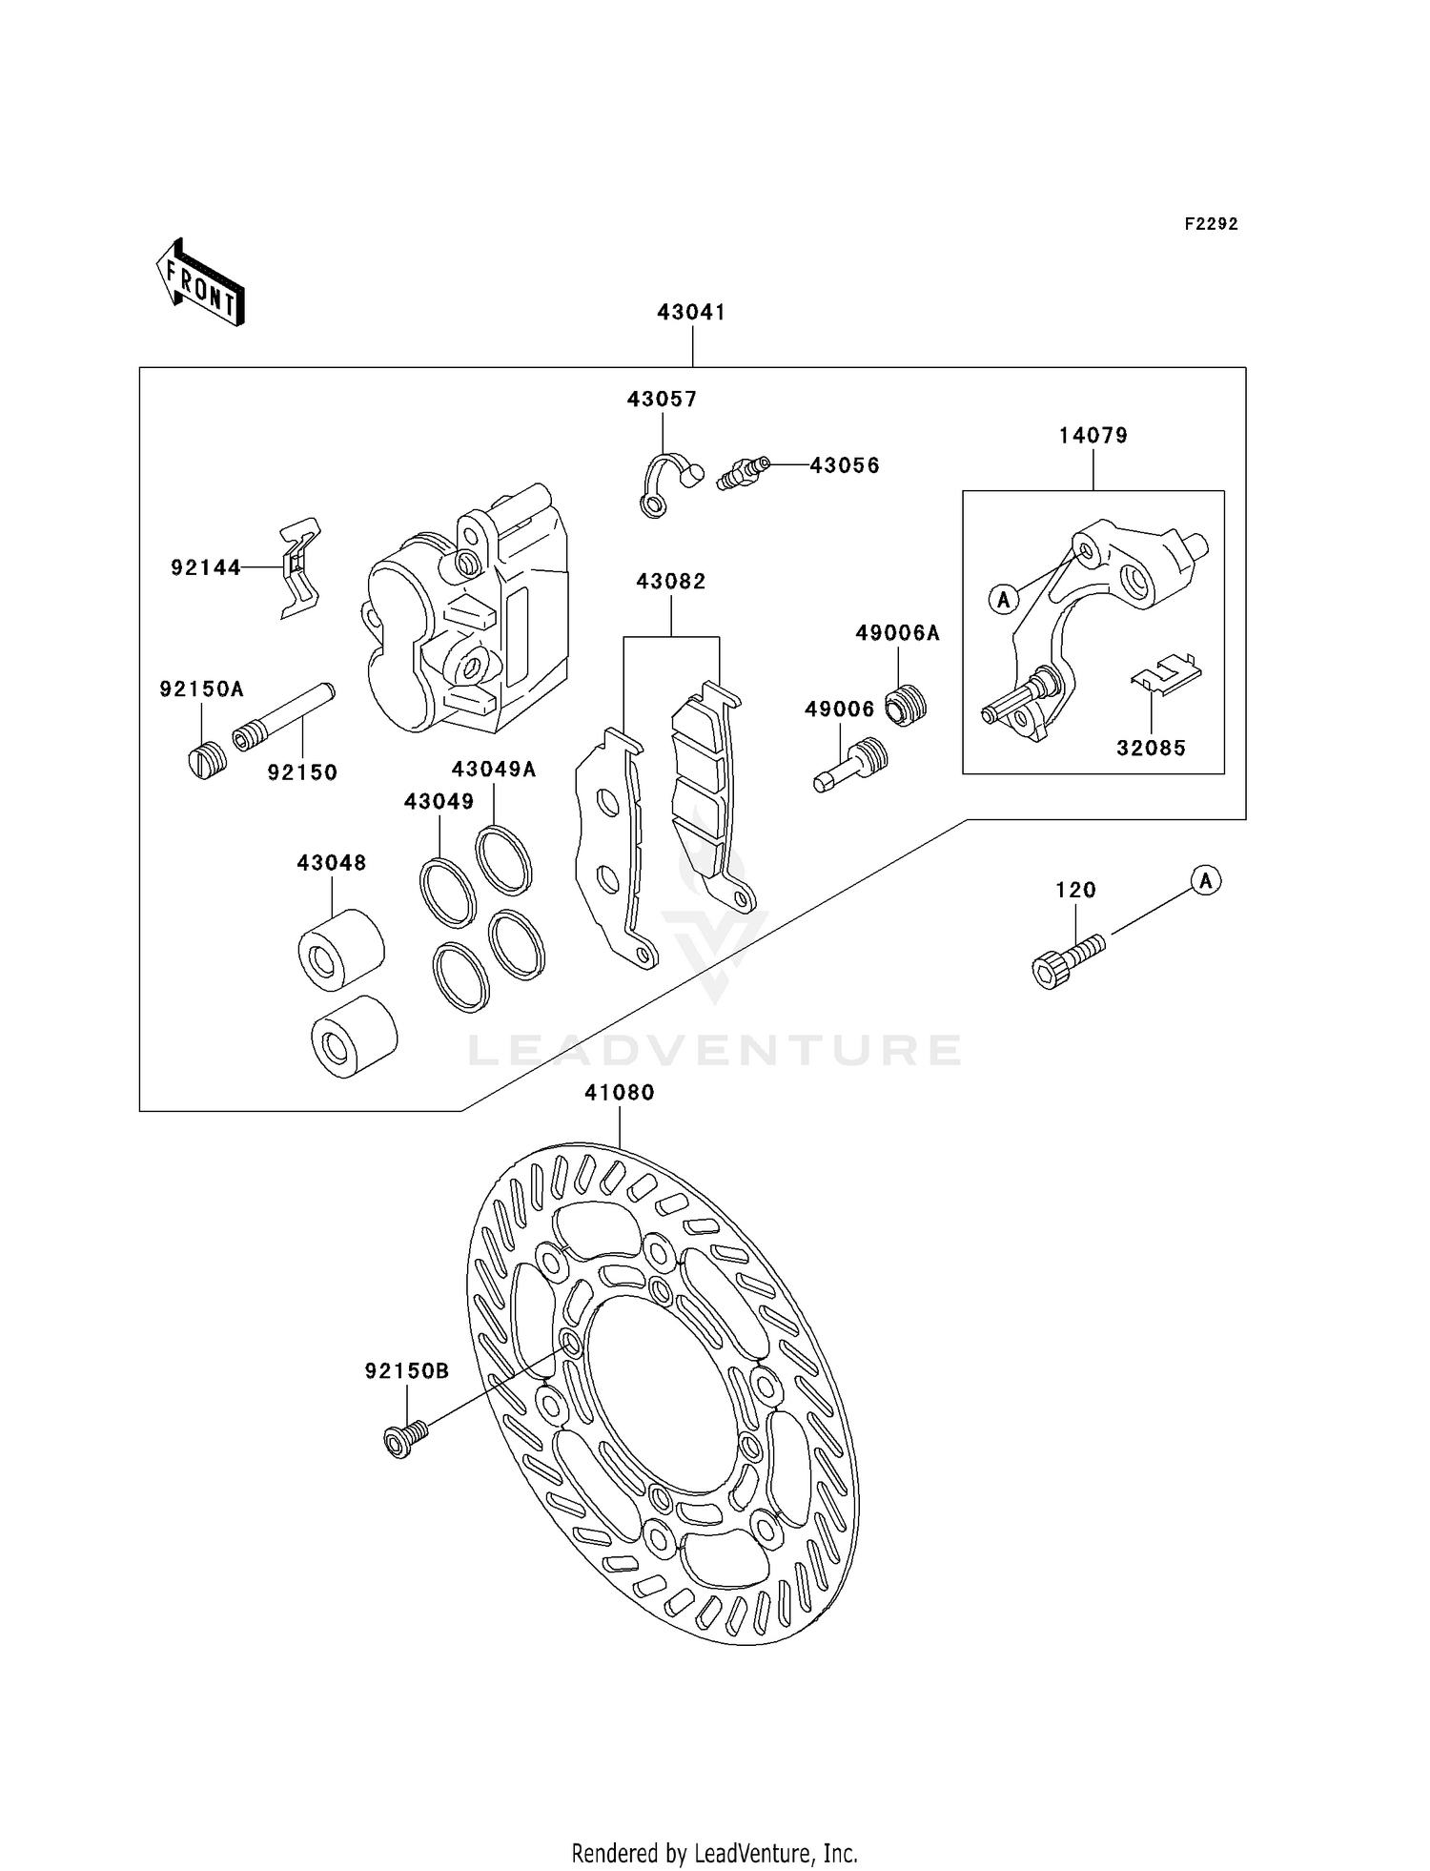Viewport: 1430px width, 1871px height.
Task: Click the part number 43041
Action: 691,313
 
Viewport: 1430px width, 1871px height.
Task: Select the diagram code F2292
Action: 1211,224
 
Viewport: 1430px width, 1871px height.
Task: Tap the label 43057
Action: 662,400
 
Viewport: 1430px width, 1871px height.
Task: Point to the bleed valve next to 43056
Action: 742,471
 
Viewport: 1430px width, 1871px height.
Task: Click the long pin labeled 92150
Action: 283,715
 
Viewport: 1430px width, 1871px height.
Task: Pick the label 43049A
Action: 493,770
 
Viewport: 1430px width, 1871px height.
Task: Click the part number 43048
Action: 331,863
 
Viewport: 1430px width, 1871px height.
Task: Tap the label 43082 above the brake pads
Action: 671,582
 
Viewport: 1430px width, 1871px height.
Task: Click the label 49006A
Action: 897,633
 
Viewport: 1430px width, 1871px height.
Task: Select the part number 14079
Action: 1093,436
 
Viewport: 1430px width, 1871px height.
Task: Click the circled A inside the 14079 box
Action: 1003,600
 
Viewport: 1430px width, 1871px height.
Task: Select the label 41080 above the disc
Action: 620,1093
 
